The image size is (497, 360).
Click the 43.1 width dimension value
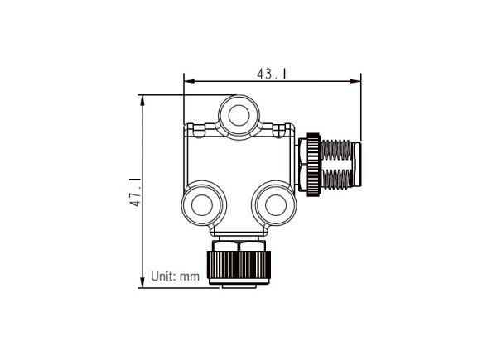point(272,74)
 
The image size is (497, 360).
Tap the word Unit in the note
point(163,276)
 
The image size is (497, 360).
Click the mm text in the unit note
point(191,276)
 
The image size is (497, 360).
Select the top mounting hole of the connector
point(240,113)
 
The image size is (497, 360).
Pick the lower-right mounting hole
point(272,202)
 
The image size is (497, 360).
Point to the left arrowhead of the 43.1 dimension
point(188,81)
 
